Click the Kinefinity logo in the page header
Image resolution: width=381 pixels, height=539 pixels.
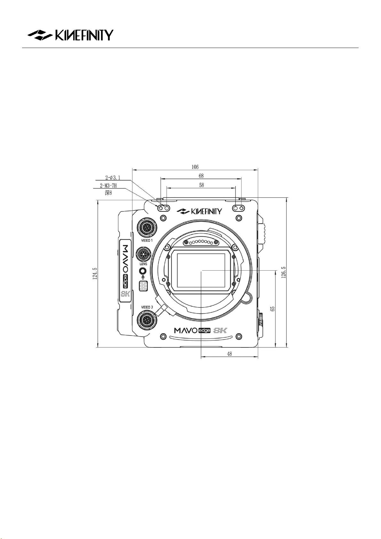click(70, 35)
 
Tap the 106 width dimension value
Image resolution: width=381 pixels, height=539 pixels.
click(195, 167)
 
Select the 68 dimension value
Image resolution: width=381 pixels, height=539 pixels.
click(201, 176)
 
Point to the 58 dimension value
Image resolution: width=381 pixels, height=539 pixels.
click(202, 185)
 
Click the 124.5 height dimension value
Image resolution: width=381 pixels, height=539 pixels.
click(95, 273)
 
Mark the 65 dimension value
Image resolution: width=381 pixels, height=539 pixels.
click(273, 309)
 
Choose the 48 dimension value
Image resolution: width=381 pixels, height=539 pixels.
click(229, 354)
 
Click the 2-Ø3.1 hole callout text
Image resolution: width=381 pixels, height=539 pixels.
click(113, 178)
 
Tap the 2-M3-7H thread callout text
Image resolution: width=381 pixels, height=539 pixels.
click(108, 186)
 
